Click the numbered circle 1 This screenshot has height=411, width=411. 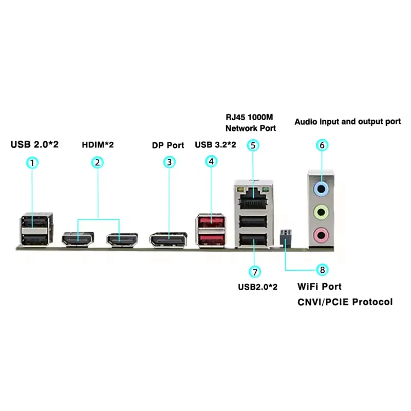click(32, 163)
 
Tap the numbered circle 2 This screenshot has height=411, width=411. click(98, 163)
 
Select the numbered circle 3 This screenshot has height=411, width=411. click(169, 163)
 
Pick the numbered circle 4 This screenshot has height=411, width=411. click(211, 161)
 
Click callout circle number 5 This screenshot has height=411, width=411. click(252, 145)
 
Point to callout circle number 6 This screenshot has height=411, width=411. click(322, 145)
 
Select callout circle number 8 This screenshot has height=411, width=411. click(322, 269)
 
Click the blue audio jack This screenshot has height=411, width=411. click(321, 189)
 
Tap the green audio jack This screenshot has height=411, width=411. click(321, 211)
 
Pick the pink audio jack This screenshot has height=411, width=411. click(321, 235)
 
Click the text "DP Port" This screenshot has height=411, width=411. click(167, 145)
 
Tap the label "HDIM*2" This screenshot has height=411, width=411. click(98, 145)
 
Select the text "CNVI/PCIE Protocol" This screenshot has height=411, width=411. click(345, 302)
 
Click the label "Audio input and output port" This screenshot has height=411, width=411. click(347, 122)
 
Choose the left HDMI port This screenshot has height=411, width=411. click(78, 239)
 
